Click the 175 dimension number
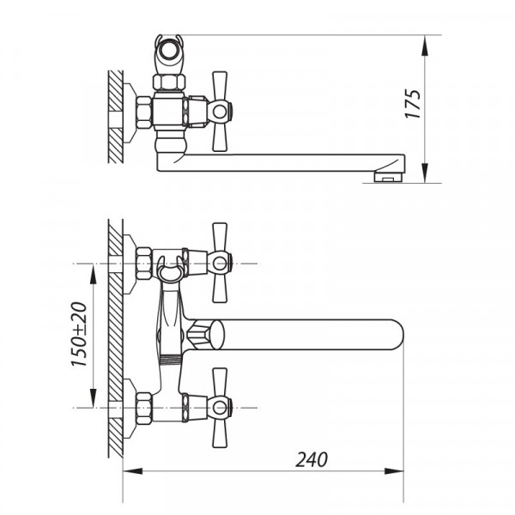pyautogui.click(x=413, y=104)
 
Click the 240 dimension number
pyautogui.click(x=311, y=459)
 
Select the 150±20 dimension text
pyautogui.click(x=79, y=335)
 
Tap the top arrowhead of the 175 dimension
pyautogui.click(x=425, y=45)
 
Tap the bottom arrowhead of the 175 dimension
pyautogui.click(x=425, y=173)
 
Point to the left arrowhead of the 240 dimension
pyautogui.click(x=133, y=471)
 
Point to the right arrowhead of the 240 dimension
pyautogui.click(x=394, y=471)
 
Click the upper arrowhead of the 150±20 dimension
pyautogui.click(x=94, y=274)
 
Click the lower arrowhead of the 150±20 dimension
pyautogui.click(x=94, y=397)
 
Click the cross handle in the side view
pyautogui.click(x=220, y=112)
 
